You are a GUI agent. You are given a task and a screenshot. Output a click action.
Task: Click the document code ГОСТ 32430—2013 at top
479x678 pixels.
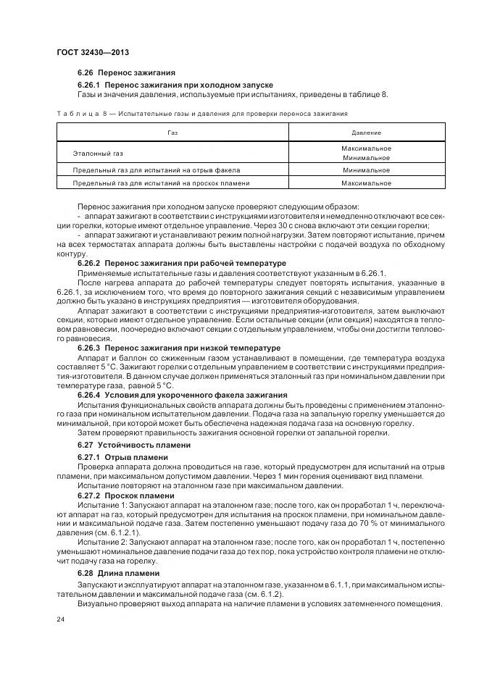pyautogui.click(x=92, y=52)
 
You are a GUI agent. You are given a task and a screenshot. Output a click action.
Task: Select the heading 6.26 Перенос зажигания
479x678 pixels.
pyautogui.click(x=126, y=73)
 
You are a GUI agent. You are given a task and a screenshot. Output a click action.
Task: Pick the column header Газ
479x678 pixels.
pyautogui.click(x=172, y=133)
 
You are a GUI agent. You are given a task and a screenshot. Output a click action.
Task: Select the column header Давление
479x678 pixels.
pyautogui.click(x=366, y=133)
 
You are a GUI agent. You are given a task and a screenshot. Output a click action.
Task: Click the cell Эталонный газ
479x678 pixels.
pyautogui.click(x=99, y=154)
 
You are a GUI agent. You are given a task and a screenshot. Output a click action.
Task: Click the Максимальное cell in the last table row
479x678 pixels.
pyautogui.click(x=366, y=183)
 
